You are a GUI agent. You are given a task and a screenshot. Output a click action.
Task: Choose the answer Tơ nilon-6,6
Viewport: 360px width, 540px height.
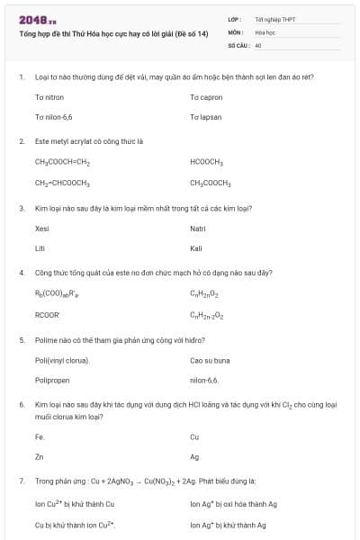(x=55, y=117)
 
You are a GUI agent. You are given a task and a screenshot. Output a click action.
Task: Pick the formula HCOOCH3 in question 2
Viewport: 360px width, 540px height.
(x=206, y=162)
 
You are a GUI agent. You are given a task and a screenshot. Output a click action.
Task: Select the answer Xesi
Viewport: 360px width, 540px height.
(x=42, y=229)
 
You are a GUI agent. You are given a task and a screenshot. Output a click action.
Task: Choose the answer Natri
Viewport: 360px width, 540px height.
(x=198, y=229)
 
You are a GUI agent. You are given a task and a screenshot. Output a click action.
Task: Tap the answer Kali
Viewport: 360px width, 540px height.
(x=196, y=248)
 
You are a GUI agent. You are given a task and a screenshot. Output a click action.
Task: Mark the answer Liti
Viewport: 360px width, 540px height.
(x=40, y=248)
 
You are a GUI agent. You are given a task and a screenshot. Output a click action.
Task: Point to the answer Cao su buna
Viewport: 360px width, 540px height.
(x=210, y=361)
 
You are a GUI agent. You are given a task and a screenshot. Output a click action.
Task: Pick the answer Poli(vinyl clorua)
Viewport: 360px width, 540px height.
(x=62, y=361)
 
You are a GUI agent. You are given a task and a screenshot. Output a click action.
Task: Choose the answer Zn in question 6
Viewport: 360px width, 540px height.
(x=39, y=456)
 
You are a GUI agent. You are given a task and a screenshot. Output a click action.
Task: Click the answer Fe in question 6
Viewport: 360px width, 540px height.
(x=39, y=436)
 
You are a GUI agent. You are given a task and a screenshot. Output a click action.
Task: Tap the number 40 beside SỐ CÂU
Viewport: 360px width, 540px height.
(x=258, y=44)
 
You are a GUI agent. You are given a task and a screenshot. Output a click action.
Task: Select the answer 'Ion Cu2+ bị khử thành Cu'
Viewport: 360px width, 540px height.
(x=74, y=504)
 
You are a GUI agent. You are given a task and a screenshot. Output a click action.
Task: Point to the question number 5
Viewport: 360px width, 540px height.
(x=21, y=340)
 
